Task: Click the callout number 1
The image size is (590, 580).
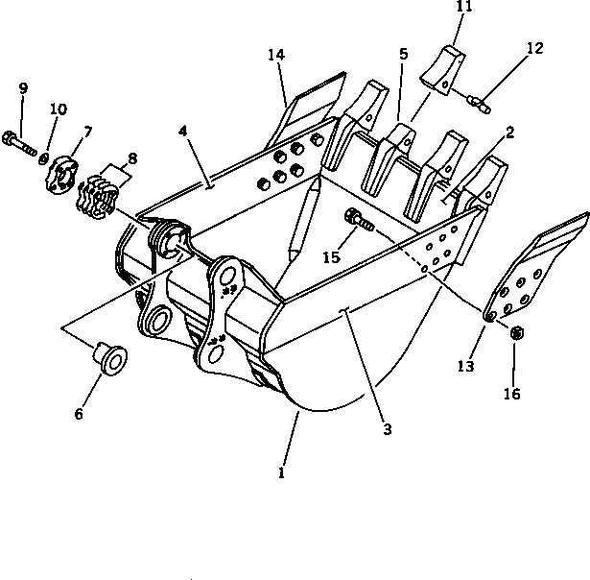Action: [x=280, y=472]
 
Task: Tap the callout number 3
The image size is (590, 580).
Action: [x=387, y=429]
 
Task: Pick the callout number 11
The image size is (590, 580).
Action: [x=464, y=7]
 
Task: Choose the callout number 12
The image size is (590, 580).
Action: [x=534, y=48]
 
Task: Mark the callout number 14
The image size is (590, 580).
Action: [x=276, y=57]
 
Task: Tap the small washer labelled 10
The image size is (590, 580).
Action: [x=45, y=156]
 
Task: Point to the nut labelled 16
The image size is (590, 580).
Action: [x=515, y=333]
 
